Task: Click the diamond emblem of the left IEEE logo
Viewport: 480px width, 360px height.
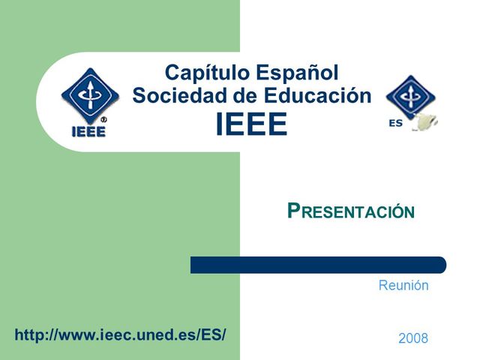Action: [x=89, y=96]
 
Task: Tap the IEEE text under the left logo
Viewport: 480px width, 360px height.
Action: [x=88, y=130]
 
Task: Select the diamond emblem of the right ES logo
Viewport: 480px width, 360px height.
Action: [x=410, y=97]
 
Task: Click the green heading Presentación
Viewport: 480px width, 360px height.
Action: [x=351, y=211]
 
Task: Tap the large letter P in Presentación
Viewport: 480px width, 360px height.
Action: [x=294, y=211]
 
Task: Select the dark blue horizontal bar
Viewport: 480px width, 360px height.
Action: [x=318, y=265]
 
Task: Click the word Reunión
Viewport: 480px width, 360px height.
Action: [x=403, y=286]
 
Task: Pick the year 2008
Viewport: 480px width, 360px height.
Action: [x=413, y=338]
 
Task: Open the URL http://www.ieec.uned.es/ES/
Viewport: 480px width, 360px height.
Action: [x=120, y=335]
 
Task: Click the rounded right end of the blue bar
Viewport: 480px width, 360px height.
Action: [x=441, y=265]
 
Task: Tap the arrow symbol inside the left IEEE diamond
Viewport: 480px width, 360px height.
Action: [x=89, y=94]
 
